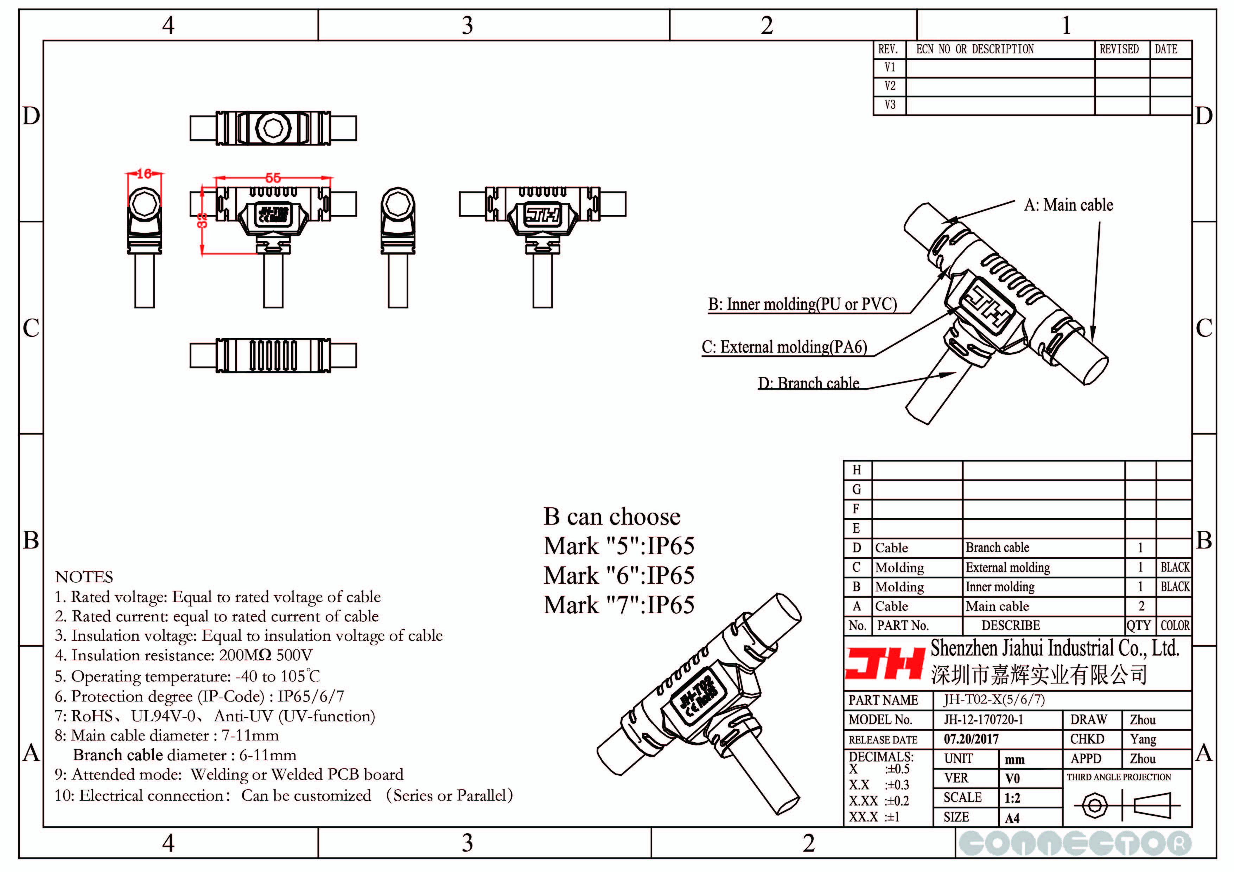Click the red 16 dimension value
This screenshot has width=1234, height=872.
tap(144, 174)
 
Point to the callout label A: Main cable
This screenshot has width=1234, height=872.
tap(1068, 205)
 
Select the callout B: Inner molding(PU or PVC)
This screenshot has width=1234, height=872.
tap(802, 304)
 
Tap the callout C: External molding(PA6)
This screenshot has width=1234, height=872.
tap(784, 347)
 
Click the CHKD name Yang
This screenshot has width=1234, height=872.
tap(1143, 739)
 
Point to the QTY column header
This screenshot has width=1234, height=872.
tap(1139, 626)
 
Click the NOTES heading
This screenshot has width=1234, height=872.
tap(84, 577)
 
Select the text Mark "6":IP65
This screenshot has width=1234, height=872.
tap(619, 576)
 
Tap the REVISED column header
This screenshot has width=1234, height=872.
tap(1119, 50)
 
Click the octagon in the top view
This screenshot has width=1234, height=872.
tap(274, 128)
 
